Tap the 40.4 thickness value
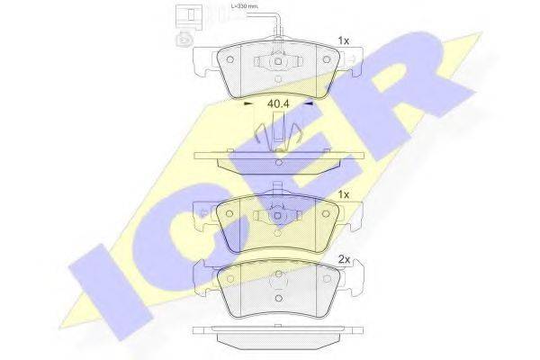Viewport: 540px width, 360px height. tap(278, 103)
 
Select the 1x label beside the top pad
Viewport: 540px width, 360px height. tap(343, 40)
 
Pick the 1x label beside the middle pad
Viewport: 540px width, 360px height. tap(343, 193)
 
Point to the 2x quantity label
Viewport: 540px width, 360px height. tap(343, 259)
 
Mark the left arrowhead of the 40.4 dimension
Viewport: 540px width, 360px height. tap(248, 103)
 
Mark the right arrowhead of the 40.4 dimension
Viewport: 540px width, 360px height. tap(309, 103)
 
